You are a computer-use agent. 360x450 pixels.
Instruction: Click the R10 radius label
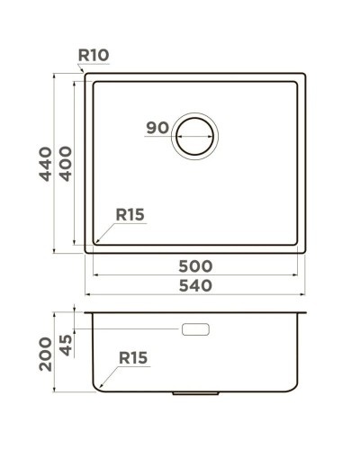click(94, 56)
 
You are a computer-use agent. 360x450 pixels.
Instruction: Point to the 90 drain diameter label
click(157, 129)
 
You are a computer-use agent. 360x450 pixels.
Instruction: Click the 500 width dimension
click(195, 266)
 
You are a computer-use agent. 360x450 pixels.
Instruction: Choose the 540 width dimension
click(195, 286)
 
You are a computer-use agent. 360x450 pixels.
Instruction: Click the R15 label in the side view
click(132, 358)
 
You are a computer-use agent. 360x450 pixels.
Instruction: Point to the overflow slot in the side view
click(195, 330)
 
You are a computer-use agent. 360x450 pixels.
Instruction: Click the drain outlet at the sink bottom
click(196, 393)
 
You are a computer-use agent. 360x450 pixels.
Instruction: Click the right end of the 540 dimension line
click(306, 294)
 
